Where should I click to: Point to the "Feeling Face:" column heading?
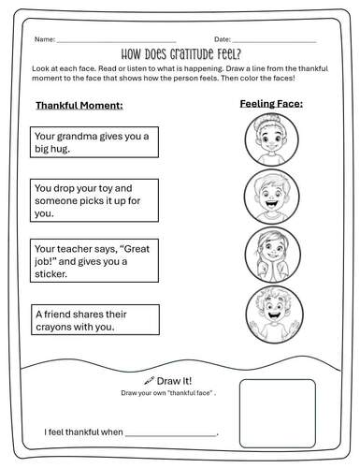point(270,105)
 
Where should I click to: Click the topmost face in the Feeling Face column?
point(270,142)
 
